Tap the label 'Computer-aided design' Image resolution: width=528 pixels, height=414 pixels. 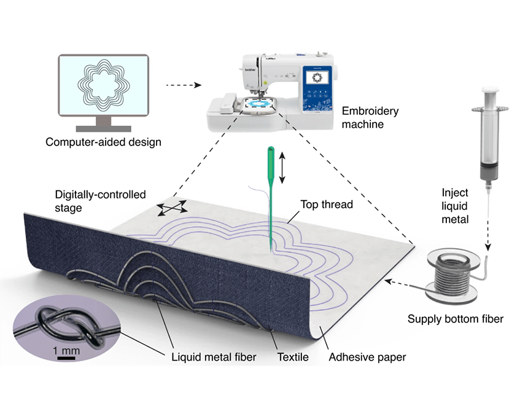pos(103,143)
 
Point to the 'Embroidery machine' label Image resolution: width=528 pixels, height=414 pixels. pos(371,118)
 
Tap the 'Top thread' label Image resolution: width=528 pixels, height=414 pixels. pos(327,205)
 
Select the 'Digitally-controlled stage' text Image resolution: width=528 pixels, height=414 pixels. pos(99,201)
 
